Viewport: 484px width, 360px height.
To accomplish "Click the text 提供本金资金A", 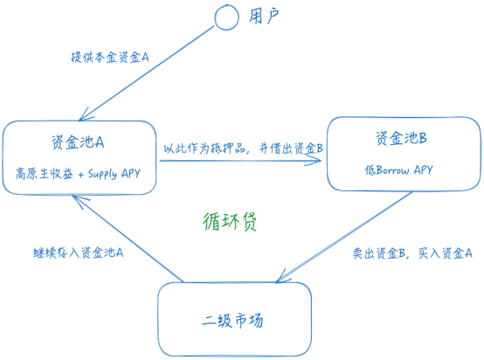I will pyautogui.click(x=110, y=57).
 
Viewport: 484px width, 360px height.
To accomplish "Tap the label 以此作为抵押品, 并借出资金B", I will pyautogui.click(x=243, y=148).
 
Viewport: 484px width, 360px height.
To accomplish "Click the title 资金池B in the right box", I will pyautogui.click(x=401, y=138).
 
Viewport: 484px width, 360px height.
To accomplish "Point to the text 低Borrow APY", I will pyautogui.click(x=399, y=170).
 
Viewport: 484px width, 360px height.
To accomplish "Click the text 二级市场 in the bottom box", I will pyautogui.click(x=232, y=320).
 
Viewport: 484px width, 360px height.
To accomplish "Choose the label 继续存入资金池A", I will pyautogui.click(x=73, y=252).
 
